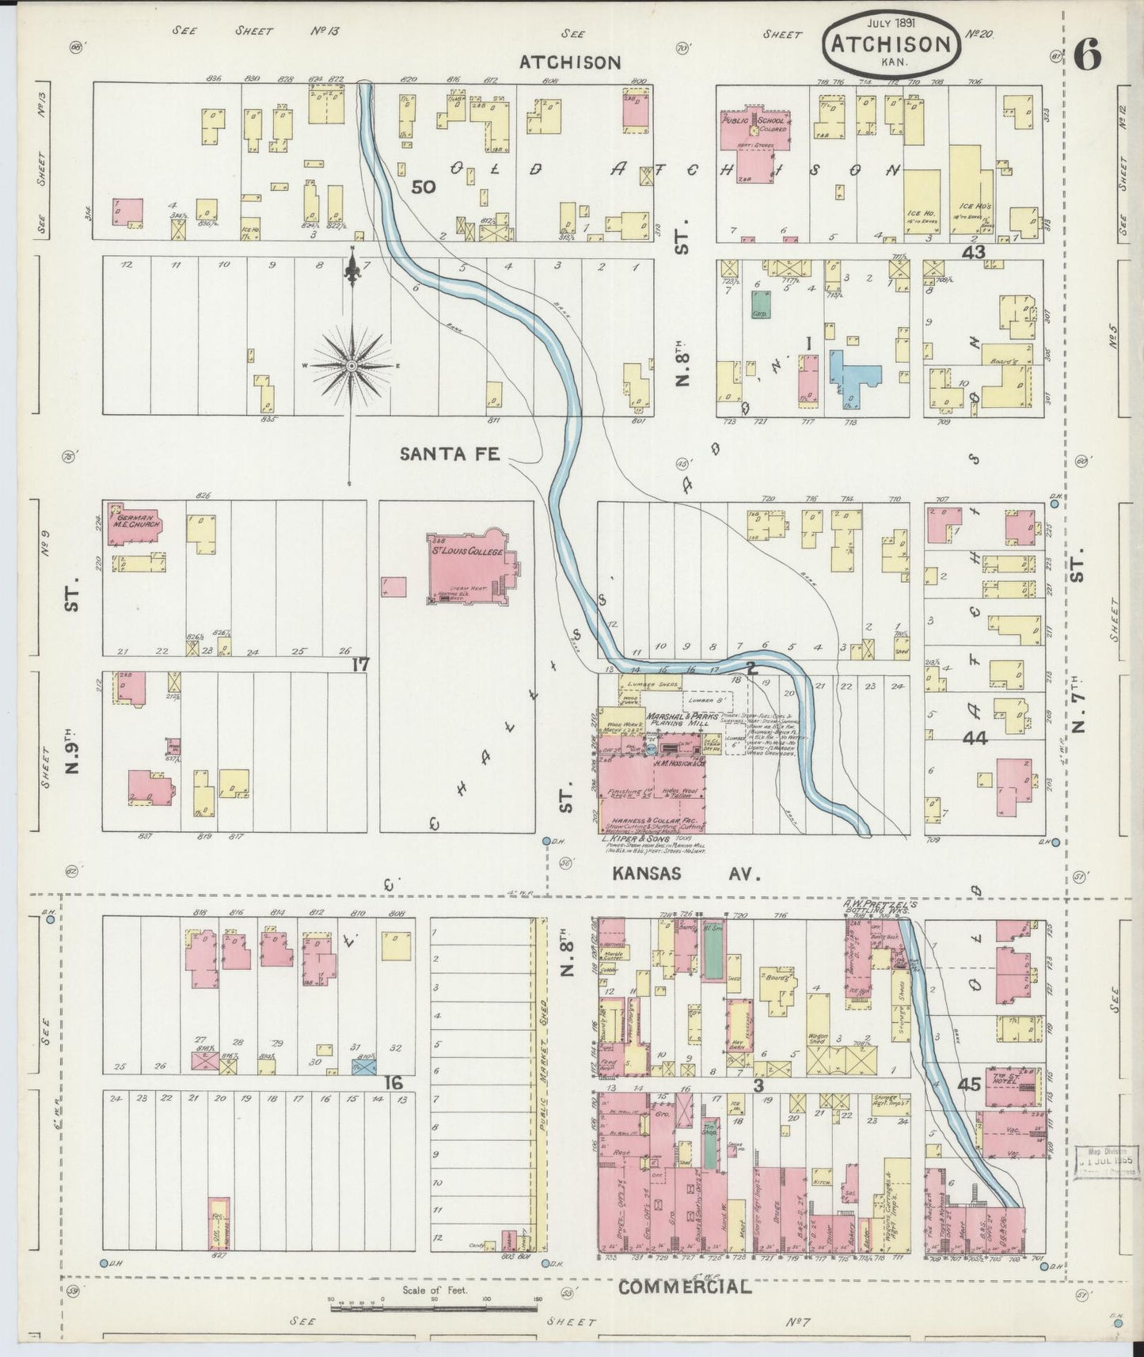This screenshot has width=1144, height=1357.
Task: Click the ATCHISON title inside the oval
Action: (890, 44)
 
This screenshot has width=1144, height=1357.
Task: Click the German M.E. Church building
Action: (136, 522)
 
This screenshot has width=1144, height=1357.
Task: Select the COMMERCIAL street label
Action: (684, 1287)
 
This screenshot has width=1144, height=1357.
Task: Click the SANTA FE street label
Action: (449, 454)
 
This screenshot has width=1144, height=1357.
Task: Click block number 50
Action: (424, 187)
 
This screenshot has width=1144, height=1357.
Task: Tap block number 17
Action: (360, 664)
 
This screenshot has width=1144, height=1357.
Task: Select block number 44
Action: (975, 738)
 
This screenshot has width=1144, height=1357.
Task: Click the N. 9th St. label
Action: (73, 760)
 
